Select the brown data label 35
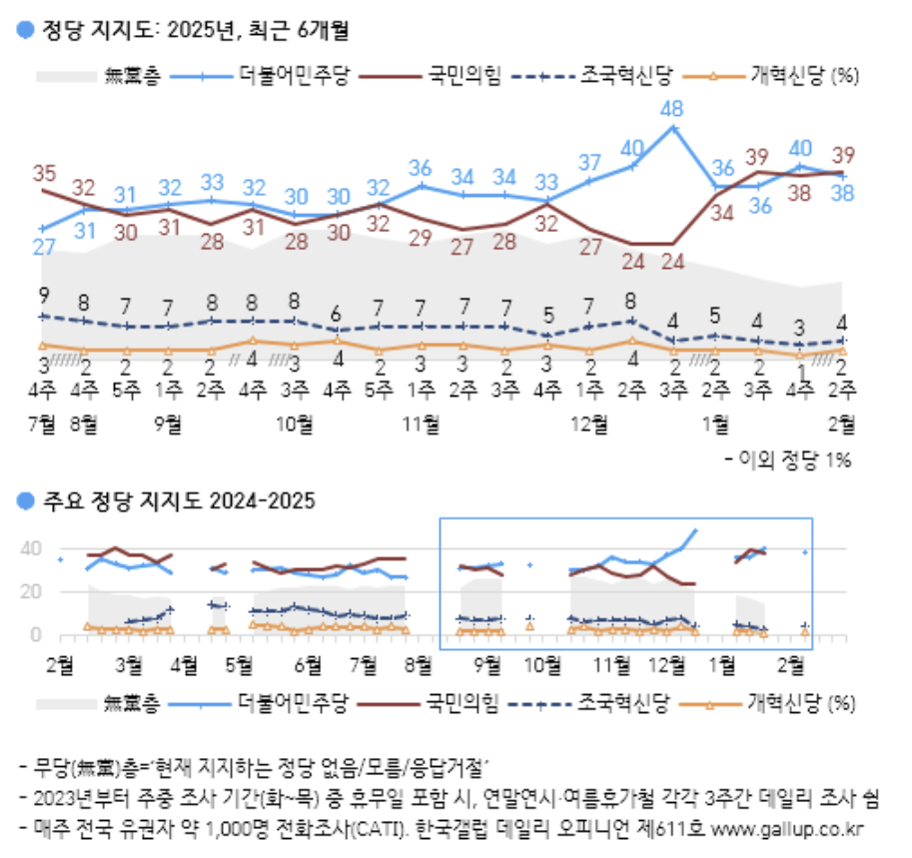44,171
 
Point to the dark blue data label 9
43,295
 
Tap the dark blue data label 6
337,311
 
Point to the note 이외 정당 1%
790,458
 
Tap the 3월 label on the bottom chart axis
128,662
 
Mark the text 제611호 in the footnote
679,829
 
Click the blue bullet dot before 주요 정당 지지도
25,499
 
